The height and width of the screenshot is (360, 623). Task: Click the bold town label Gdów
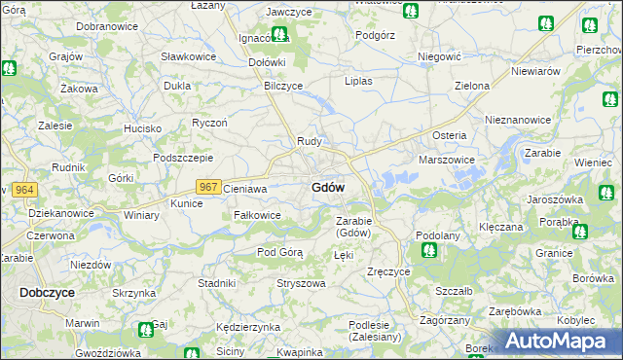click(327, 187)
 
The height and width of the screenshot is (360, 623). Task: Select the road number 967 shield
click(207, 186)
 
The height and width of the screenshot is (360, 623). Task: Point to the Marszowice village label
click(446, 159)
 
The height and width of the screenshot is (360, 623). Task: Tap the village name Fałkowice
click(257, 214)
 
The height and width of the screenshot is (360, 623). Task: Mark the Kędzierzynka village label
click(248, 327)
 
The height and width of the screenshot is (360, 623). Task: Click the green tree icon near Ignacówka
click(279, 35)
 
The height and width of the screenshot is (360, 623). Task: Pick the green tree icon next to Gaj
click(145, 330)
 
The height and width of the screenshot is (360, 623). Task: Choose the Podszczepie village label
click(183, 158)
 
